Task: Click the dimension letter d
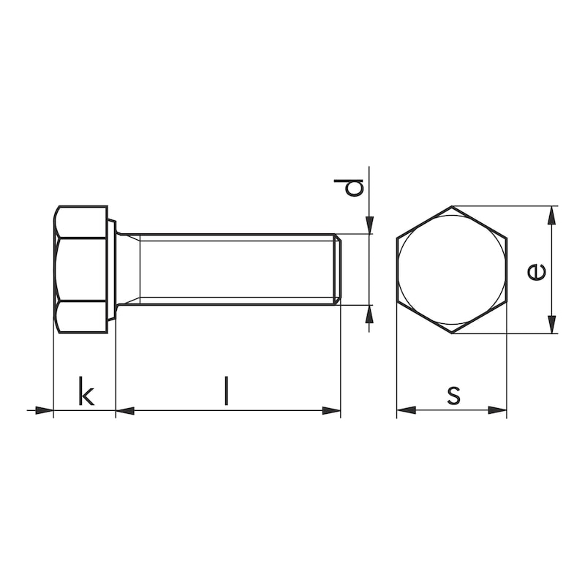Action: (354, 187)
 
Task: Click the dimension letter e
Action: (536, 271)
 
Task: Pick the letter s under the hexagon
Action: (453, 394)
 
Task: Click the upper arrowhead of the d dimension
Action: (370, 224)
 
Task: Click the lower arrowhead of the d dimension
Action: (370, 314)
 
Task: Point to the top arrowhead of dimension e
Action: (552, 215)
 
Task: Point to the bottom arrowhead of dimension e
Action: (552, 325)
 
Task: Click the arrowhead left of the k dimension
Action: (45, 410)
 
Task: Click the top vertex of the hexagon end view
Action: (451, 207)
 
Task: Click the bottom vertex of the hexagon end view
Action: (451, 334)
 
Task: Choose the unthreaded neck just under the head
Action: (128, 269)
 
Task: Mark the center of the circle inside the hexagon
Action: (451, 271)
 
